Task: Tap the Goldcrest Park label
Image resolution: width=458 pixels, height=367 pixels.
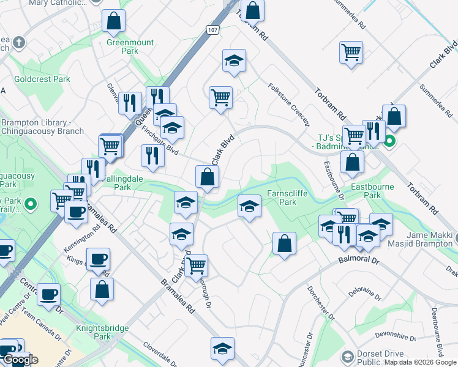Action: [42, 80]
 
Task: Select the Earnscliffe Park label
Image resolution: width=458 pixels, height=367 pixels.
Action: [287, 197]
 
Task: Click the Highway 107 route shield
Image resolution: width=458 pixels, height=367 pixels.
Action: [212, 29]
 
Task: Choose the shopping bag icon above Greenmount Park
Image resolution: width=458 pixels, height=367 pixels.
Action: [114, 21]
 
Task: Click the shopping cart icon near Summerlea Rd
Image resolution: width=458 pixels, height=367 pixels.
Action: [351, 53]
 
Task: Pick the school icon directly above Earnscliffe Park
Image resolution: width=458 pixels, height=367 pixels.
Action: [249, 206]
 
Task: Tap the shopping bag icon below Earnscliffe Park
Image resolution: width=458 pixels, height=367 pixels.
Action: [284, 243]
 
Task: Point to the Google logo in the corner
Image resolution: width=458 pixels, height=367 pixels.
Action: [20, 360]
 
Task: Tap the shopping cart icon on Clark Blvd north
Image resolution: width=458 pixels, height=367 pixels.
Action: [220, 97]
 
